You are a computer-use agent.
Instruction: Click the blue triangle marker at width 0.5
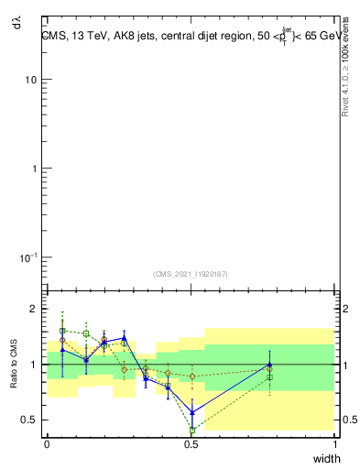pyautogui.click(x=192, y=412)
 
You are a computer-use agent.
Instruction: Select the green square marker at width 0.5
pyautogui.click(x=192, y=430)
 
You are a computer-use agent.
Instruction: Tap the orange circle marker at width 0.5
pyautogui.click(x=192, y=376)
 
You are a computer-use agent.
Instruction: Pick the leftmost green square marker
pyautogui.click(x=62, y=331)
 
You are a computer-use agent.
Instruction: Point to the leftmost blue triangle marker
pyautogui.click(x=62, y=350)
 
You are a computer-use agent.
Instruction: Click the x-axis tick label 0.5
pyautogui.click(x=191, y=444)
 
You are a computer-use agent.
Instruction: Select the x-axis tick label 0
pyautogui.click(x=47, y=444)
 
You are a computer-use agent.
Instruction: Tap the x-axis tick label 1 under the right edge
pyautogui.click(x=336, y=444)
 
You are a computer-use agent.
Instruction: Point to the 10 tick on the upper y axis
pyautogui.click(x=30, y=80)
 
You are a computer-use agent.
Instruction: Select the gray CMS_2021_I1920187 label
pyautogui.click(x=190, y=273)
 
